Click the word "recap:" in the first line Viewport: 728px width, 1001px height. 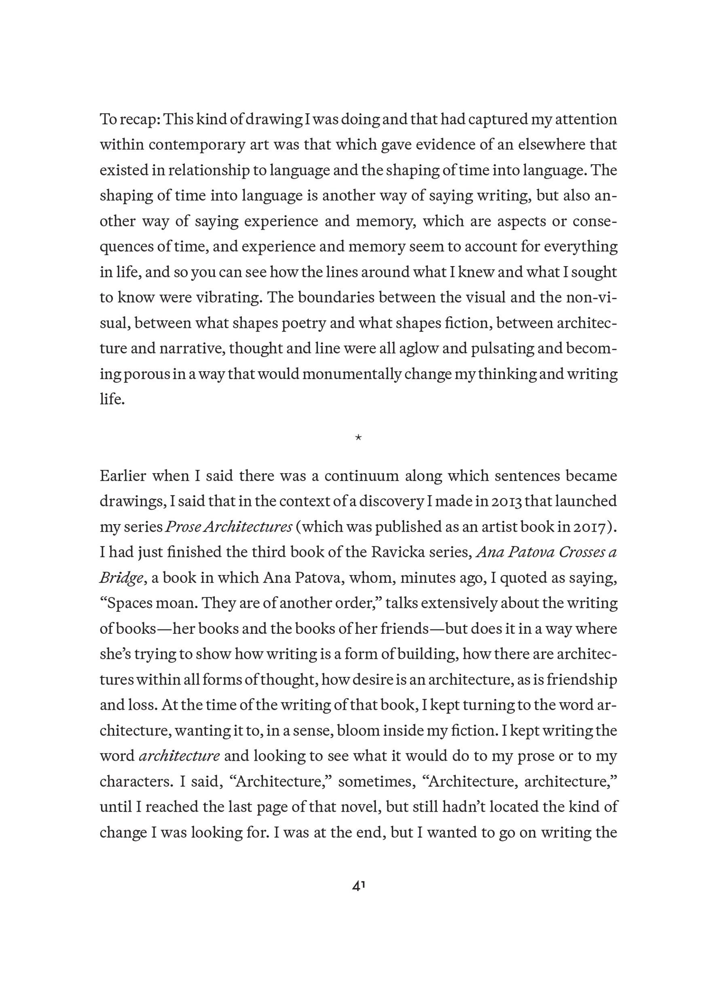coord(140,120)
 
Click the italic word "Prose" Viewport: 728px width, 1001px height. coord(183,527)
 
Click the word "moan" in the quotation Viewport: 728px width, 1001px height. coord(174,603)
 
